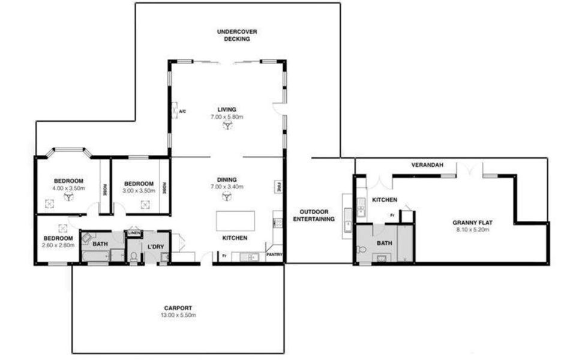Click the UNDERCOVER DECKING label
pos(233,35)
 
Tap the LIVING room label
pos(227,109)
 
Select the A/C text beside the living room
pos(182,112)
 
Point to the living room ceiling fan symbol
pos(227,127)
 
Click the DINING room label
pos(227,179)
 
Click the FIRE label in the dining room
pos(278,187)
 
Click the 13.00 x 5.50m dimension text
pos(178,314)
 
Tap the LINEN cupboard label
pos(134,233)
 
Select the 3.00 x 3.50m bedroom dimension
pos(139,191)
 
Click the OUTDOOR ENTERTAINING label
pos(313,215)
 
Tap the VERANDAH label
pos(427,164)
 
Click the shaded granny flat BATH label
pos(384,243)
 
